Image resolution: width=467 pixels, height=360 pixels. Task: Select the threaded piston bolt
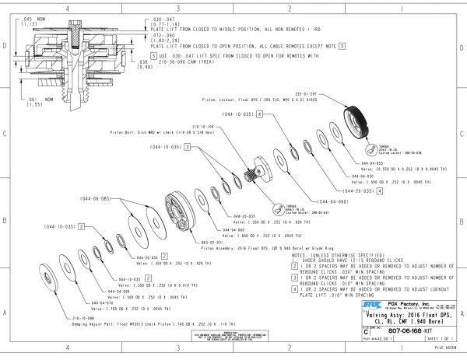(x=254, y=171)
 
